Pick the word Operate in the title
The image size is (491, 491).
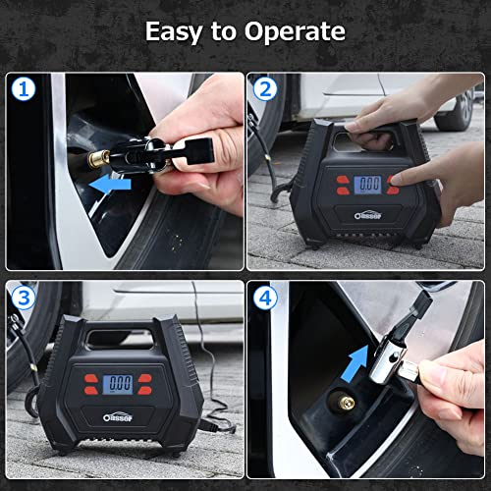[299, 31]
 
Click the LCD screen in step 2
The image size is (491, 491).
[370, 184]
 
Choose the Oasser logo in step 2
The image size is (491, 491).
[371, 210]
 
